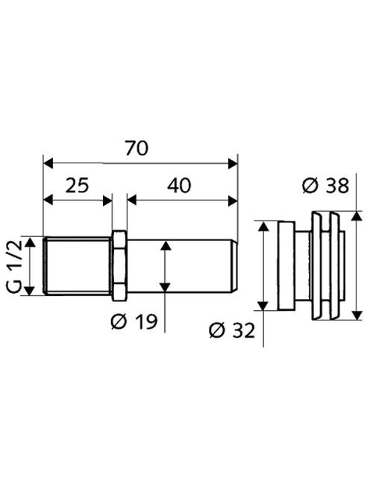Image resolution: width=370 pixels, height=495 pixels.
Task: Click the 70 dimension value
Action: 137,148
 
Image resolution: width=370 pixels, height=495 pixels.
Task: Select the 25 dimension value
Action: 77,186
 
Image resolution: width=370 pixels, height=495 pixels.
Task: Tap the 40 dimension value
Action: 179,186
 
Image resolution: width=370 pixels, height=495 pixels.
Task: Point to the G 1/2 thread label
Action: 14,265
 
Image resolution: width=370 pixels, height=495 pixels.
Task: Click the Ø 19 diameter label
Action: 134,322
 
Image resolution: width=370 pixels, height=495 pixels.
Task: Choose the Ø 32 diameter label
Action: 232,330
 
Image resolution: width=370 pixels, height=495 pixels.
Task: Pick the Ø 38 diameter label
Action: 326,186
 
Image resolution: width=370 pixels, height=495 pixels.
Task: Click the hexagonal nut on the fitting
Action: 119,266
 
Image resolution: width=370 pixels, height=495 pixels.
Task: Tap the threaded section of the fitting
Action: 78,266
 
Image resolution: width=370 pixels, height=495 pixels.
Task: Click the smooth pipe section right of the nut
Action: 180,266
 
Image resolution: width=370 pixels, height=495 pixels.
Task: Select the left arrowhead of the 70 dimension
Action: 48,164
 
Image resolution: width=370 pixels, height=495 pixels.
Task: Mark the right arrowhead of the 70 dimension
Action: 233,164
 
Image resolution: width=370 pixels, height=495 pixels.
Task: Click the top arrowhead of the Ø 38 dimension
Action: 357,216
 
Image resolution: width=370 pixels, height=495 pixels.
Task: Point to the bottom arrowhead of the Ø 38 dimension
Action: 357,315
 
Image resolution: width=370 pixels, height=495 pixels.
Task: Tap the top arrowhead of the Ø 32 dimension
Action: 263,226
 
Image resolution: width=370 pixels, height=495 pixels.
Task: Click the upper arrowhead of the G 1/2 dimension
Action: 30,242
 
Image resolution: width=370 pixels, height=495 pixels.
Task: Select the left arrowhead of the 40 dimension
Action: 132,201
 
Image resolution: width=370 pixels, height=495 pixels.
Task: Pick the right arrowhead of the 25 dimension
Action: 107,201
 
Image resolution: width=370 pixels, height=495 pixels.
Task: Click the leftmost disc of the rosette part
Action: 286,266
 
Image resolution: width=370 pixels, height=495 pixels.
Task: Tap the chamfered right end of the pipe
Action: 233,266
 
